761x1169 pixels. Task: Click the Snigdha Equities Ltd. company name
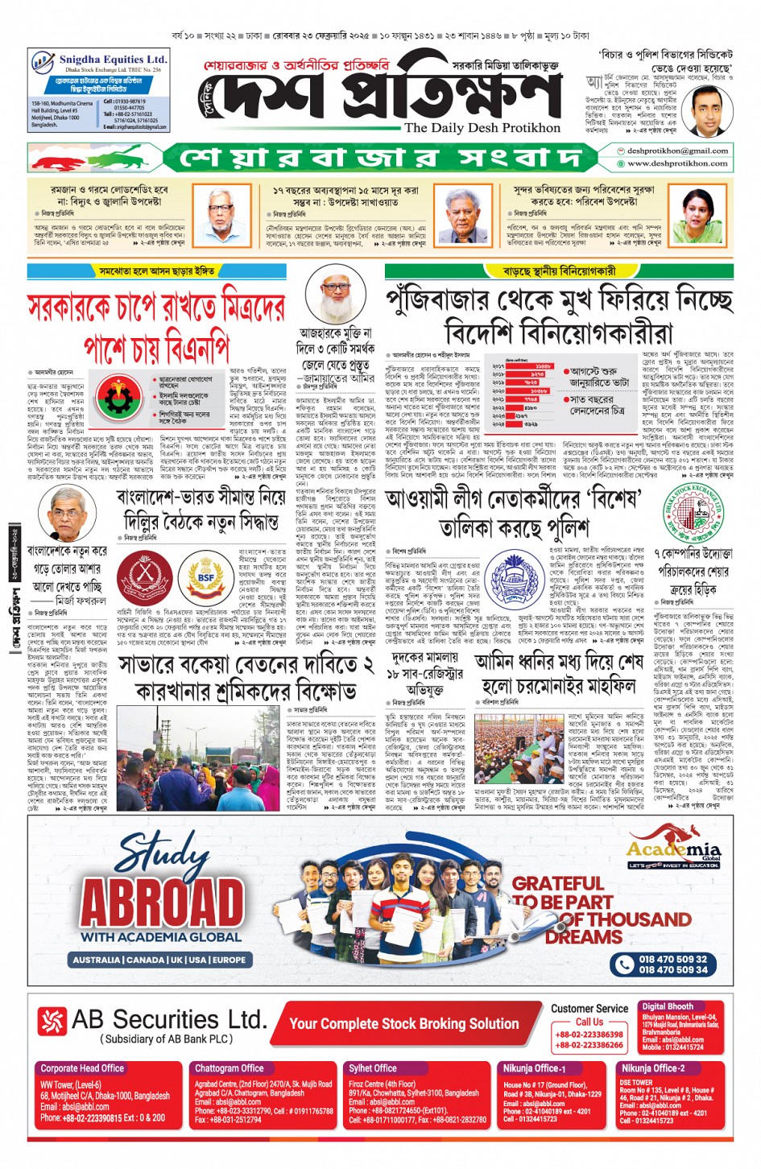point(114,60)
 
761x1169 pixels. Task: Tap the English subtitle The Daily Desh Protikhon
point(482,127)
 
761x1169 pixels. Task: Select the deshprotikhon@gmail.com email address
point(677,151)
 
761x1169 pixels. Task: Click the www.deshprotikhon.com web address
point(677,163)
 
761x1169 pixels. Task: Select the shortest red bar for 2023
point(515,415)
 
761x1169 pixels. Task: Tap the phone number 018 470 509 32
point(672,959)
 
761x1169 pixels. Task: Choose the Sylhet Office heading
point(373,1068)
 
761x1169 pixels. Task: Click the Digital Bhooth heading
point(668,1006)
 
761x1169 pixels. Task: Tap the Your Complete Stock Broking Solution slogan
point(404,1023)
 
